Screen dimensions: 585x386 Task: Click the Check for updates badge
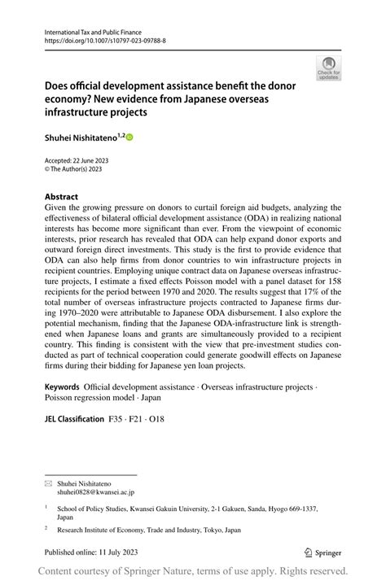tap(330, 68)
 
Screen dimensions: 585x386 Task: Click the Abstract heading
tap(62, 197)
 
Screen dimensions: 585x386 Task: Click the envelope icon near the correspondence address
tap(48, 483)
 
